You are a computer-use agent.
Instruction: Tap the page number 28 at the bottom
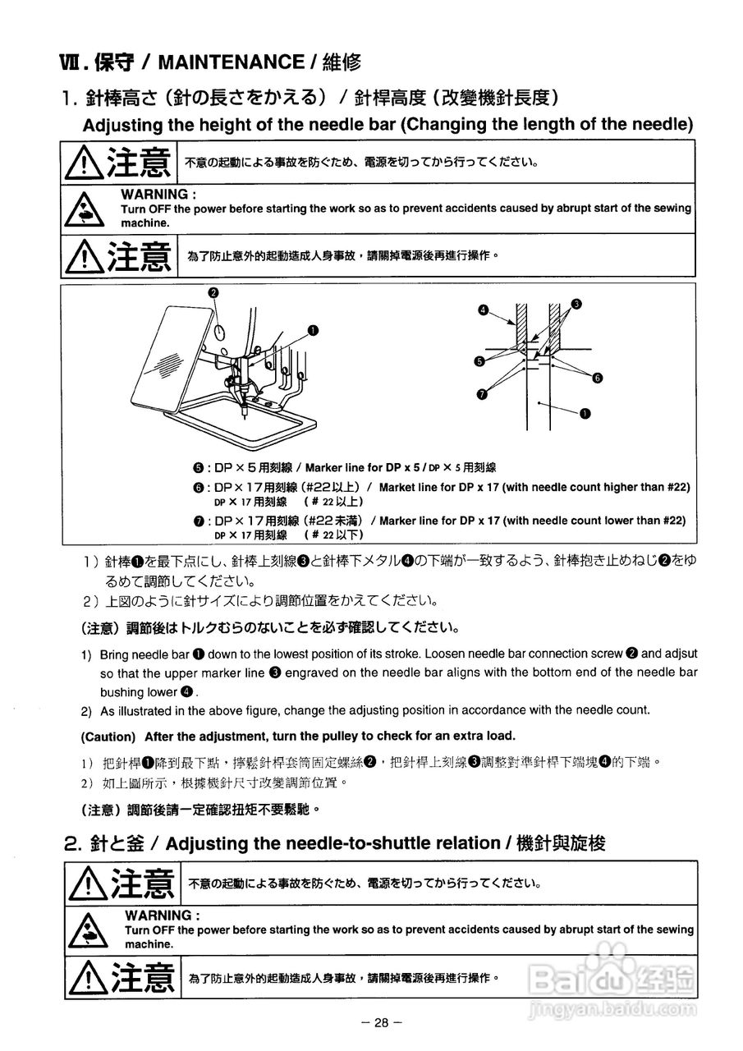pyautogui.click(x=380, y=1022)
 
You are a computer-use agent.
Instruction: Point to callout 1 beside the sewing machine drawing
pyautogui.click(x=313, y=329)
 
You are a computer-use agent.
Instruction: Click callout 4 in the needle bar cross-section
pyautogui.click(x=484, y=310)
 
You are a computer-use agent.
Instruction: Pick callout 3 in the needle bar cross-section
pyautogui.click(x=576, y=304)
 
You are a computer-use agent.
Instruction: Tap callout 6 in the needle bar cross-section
pyautogui.click(x=597, y=378)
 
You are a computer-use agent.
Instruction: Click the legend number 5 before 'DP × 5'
pyautogui.click(x=199, y=468)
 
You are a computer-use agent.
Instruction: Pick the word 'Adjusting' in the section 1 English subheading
pyautogui.click(x=120, y=125)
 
